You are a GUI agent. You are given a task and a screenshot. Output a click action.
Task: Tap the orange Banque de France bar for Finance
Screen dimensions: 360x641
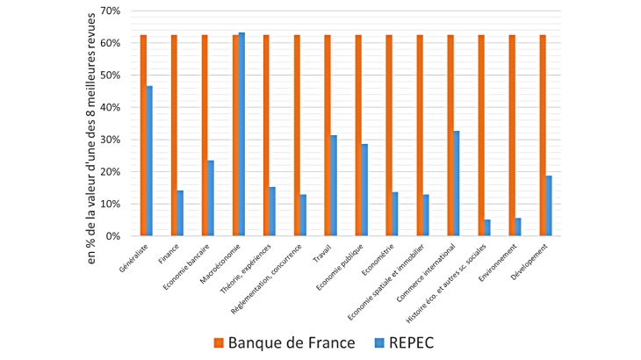(x=174, y=135)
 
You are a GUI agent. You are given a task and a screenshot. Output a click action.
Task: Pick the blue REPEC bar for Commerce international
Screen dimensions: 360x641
(x=457, y=184)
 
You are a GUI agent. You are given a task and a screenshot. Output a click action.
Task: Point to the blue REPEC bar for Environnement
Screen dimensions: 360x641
(x=518, y=227)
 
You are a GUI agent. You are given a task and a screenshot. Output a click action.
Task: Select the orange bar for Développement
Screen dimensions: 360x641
(x=543, y=135)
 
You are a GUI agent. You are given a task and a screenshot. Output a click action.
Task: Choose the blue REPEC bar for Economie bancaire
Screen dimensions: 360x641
(x=211, y=198)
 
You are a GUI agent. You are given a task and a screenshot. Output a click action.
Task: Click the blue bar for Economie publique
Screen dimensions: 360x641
(x=364, y=190)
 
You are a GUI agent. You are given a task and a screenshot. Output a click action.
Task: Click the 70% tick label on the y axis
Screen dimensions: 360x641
(x=111, y=11)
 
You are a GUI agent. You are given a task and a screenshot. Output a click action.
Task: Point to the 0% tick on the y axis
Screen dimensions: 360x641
(x=114, y=236)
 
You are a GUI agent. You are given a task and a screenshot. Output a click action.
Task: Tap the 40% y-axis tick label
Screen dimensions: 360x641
(x=111, y=107)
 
